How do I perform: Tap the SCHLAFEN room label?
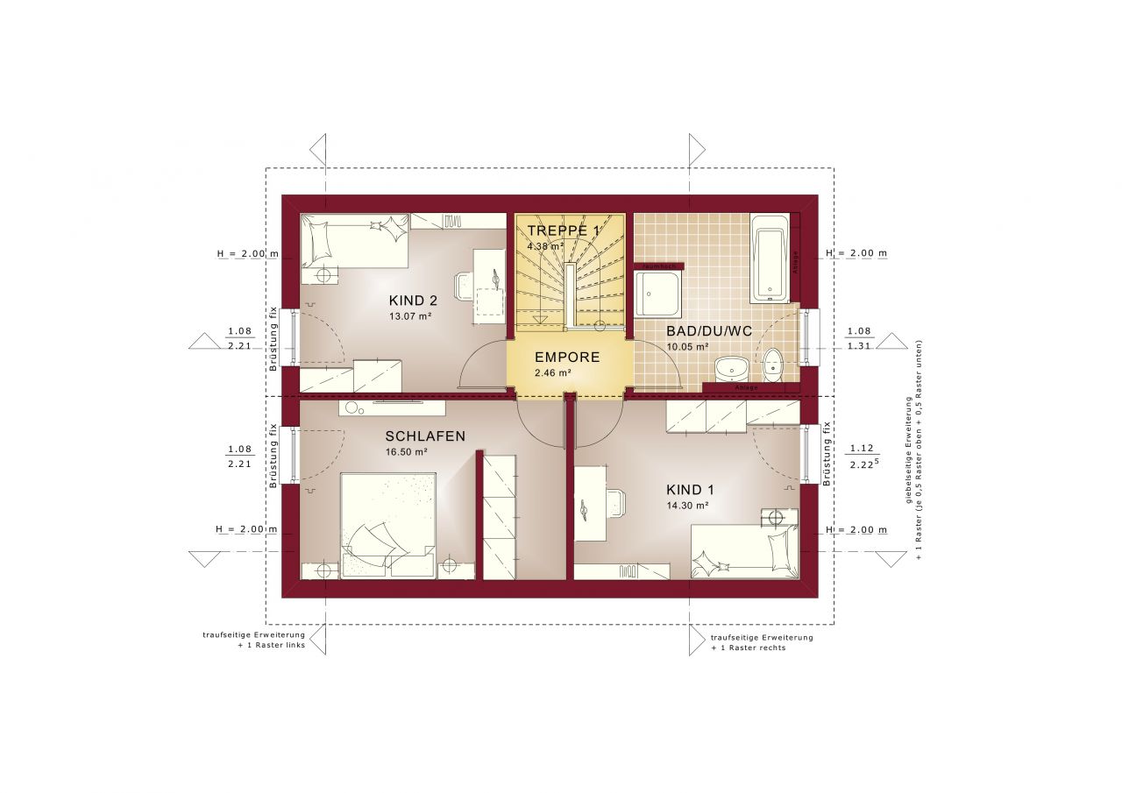click(424, 435)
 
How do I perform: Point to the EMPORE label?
click(567, 358)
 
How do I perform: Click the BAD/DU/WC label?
click(696, 331)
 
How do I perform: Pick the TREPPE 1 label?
click(564, 230)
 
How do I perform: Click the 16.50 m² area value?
click(406, 452)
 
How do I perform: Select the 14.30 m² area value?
click(687, 506)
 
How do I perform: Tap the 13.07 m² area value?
click(410, 316)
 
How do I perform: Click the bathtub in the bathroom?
click(770, 257)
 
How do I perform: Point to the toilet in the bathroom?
click(772, 364)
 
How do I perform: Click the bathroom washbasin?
click(729, 367)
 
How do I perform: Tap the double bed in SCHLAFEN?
click(387, 526)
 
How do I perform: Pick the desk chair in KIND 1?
click(615, 504)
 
